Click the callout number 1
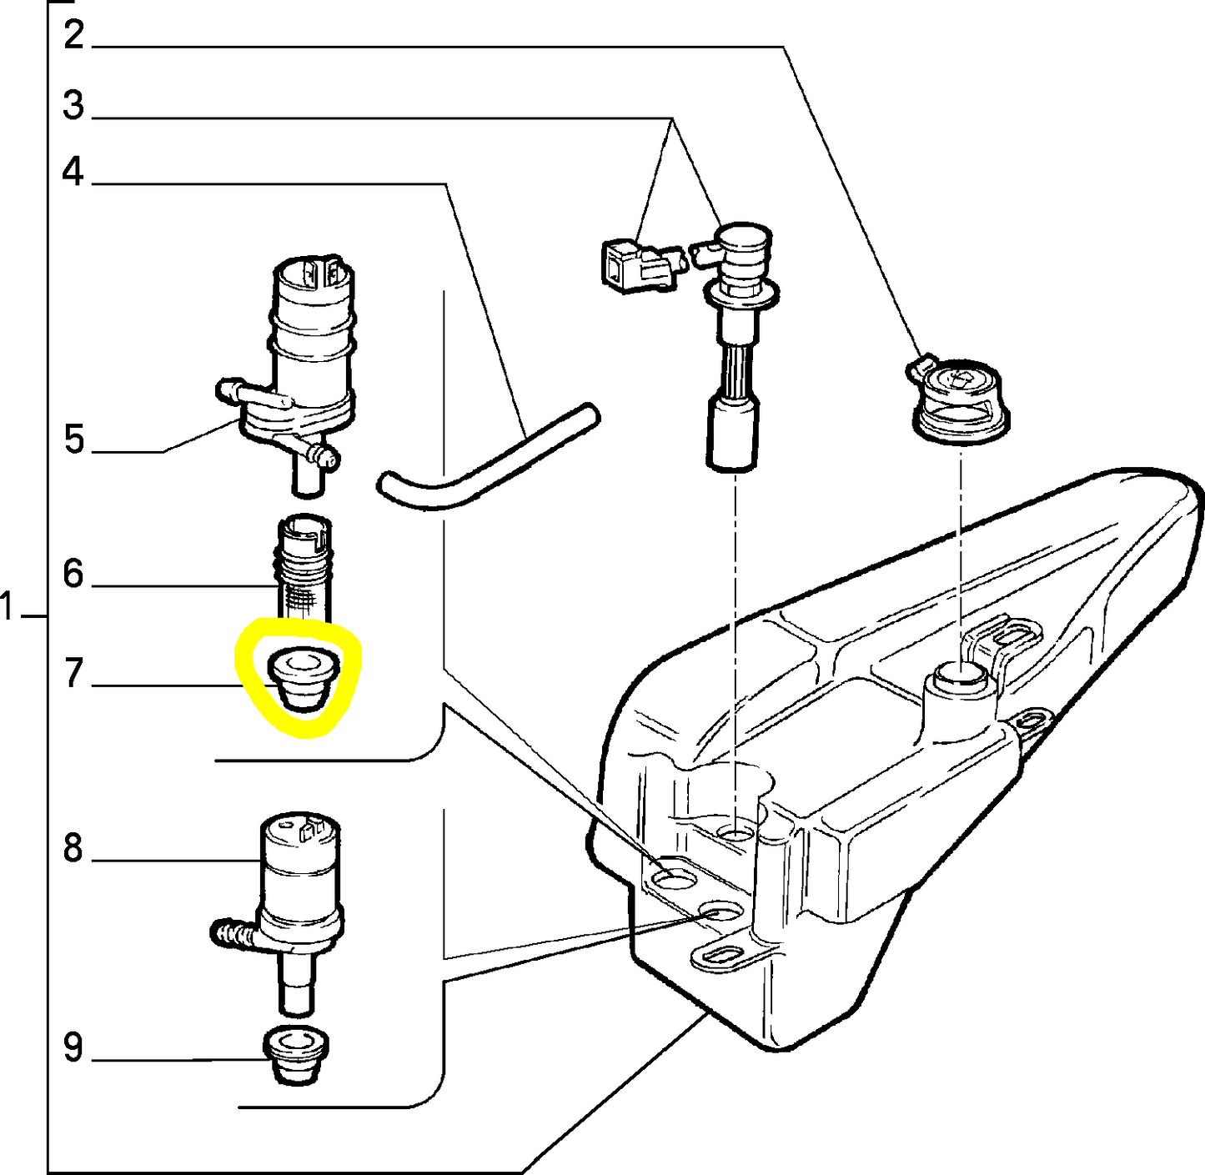[x=8, y=608]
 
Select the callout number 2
[x=73, y=35]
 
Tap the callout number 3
[x=73, y=106]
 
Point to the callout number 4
[x=73, y=173]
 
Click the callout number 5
[x=74, y=439]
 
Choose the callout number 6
[x=73, y=574]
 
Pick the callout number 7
[x=73, y=674]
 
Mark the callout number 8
[x=73, y=848]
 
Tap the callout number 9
[x=73, y=1048]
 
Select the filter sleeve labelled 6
[x=304, y=567]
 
